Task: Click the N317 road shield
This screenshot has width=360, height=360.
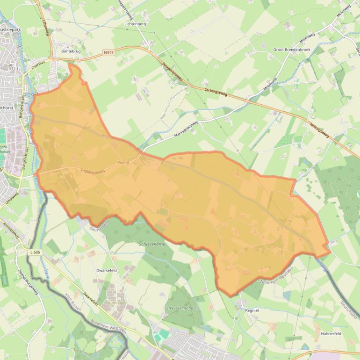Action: tap(108, 52)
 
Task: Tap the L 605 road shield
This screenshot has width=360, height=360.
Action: tap(35, 252)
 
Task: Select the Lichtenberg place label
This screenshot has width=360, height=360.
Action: tap(135, 23)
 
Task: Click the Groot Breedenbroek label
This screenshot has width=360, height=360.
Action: tap(292, 49)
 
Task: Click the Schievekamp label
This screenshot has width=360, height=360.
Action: tap(152, 244)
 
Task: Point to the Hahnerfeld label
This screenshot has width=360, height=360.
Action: tap(332, 333)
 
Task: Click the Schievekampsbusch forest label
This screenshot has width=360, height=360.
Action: tap(182, 309)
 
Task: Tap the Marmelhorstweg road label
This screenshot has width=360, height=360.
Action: tap(186, 130)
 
